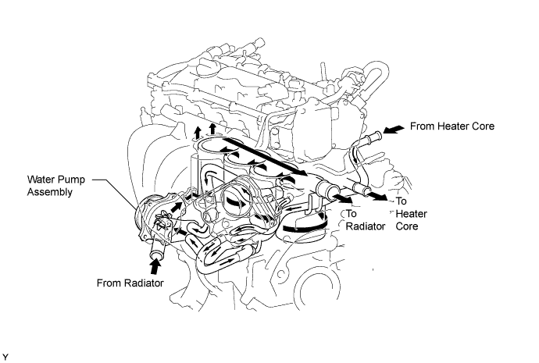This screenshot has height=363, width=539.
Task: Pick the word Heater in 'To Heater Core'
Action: tap(409, 213)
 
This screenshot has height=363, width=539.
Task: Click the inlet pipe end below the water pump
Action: tap(153, 251)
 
